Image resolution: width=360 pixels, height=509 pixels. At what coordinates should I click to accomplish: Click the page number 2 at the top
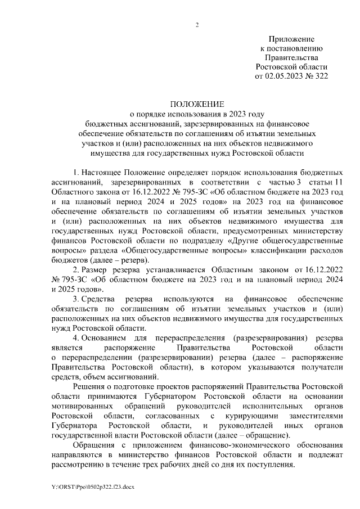(x=197, y=24)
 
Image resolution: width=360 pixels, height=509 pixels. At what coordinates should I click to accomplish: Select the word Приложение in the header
(x=291, y=39)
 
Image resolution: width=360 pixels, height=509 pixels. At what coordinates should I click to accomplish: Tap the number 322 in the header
(x=317, y=75)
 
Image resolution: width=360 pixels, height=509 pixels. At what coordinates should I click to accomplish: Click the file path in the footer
(x=89, y=487)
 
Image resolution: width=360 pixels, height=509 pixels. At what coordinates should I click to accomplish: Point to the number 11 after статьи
(x=337, y=183)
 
